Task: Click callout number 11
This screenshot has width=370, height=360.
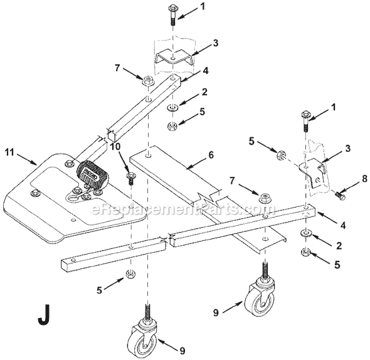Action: point(11,151)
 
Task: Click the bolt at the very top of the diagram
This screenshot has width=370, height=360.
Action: point(172,13)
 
